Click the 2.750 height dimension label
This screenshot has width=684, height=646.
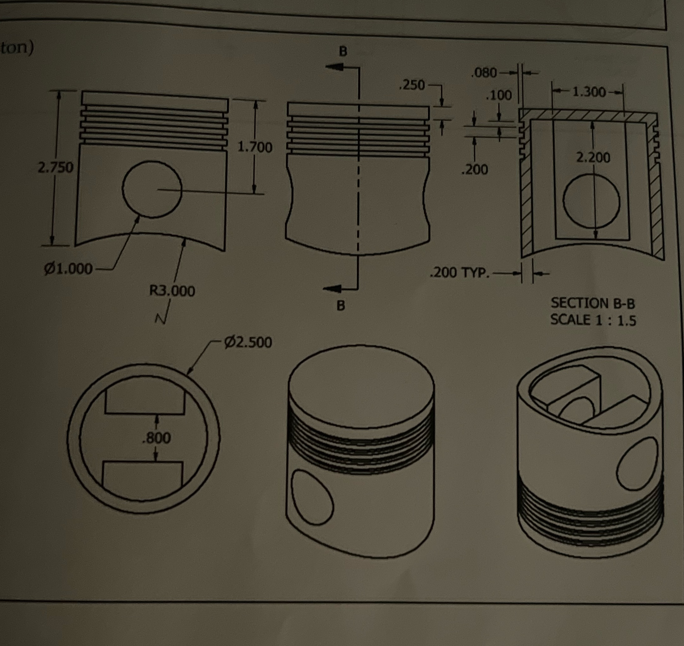pyautogui.click(x=56, y=168)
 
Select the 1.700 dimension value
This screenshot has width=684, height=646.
pyautogui.click(x=255, y=147)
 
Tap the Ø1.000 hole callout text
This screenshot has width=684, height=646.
pyautogui.click(x=68, y=269)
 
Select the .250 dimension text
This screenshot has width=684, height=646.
pyautogui.click(x=412, y=85)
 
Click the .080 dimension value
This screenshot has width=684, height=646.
pyautogui.click(x=484, y=73)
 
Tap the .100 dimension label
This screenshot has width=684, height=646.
pyautogui.click(x=499, y=95)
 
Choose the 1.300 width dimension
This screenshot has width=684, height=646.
pyautogui.click(x=589, y=92)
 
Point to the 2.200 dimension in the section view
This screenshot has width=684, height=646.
pyautogui.click(x=593, y=157)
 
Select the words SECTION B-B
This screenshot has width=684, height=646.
pyautogui.click(x=593, y=303)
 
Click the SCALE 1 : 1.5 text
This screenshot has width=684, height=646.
pyautogui.click(x=593, y=320)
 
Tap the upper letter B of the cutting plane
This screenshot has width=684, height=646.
pyautogui.click(x=343, y=51)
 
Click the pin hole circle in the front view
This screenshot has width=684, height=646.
pyautogui.click(x=152, y=189)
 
